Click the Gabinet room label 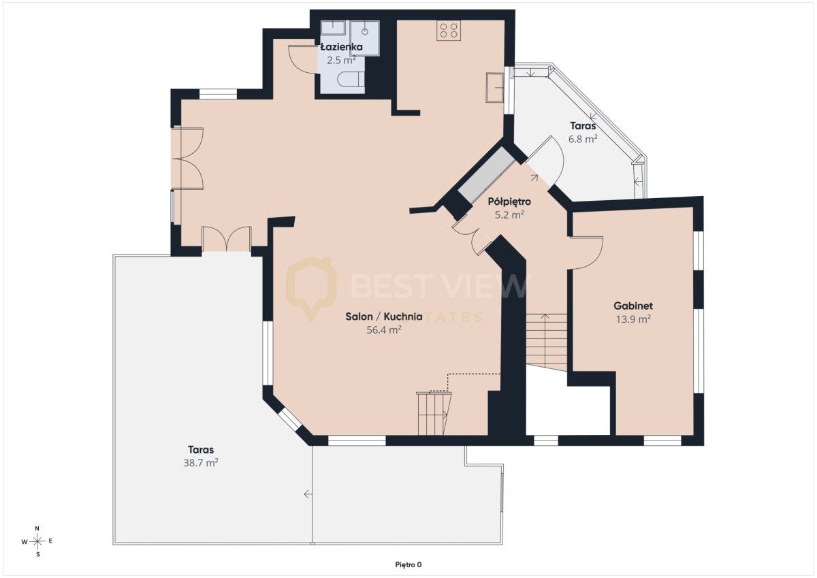[x=633, y=306]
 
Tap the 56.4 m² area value [x=384, y=330]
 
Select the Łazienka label [x=342, y=47]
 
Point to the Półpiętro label [x=509, y=202]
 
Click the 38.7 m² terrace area [x=201, y=463]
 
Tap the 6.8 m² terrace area [x=583, y=140]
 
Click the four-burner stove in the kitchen [x=449, y=30]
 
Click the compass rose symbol [x=37, y=541]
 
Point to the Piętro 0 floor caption [x=408, y=565]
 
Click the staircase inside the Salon [x=434, y=414]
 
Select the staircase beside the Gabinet [x=546, y=341]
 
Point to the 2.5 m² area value [x=341, y=61]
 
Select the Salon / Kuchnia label [x=384, y=317]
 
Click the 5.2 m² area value [x=509, y=215]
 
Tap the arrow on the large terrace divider [x=308, y=494]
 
